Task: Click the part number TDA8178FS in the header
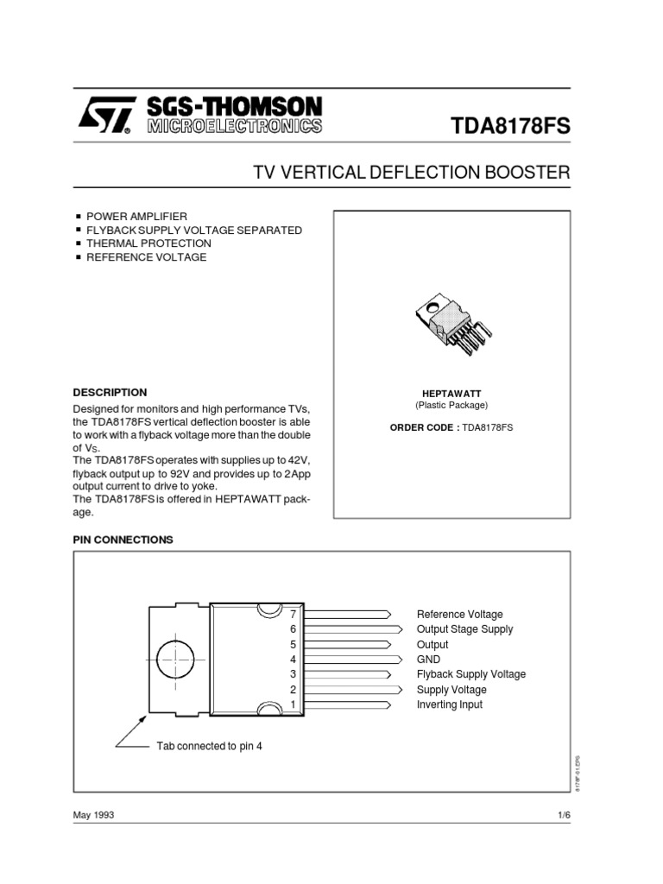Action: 510,127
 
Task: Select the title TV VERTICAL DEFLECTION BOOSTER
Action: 411,173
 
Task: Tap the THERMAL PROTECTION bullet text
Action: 148,243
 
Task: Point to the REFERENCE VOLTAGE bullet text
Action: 146,257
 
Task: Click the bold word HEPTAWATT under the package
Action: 451,394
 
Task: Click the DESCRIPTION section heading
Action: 110,392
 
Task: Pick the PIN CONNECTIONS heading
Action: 123,540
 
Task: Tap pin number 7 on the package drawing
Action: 293,614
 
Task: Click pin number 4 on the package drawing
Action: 293,660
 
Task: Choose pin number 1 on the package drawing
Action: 293,704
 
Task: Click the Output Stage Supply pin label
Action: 464,629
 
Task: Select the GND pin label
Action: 428,660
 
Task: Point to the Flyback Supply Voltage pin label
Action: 470,674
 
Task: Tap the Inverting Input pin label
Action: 450,704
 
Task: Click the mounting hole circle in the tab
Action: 176,660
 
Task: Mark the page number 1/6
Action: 564,815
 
